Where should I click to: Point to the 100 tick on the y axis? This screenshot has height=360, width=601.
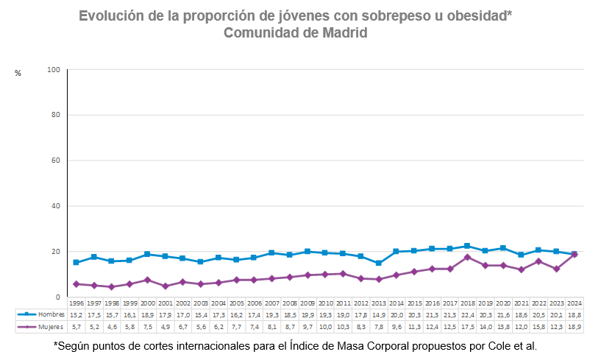(x=53, y=70)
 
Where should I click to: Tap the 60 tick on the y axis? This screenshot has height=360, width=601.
(x=55, y=160)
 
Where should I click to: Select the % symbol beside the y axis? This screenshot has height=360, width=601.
(x=18, y=73)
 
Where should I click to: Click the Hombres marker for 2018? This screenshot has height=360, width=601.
(x=467, y=246)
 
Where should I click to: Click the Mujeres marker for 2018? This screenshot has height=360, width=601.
(x=467, y=257)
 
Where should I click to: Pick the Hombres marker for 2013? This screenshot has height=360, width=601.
(x=378, y=263)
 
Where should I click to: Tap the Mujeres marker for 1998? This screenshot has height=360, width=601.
(x=111, y=286)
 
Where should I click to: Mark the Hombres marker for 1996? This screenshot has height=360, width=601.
(x=76, y=262)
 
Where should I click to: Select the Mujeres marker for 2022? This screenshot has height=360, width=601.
(x=538, y=261)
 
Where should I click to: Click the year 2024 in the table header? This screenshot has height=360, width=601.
(x=575, y=303)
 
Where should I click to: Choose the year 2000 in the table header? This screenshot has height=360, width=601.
(x=147, y=303)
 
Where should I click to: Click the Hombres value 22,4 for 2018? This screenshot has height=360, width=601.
(x=467, y=314)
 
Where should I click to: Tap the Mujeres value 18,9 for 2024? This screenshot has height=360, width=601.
(x=575, y=325)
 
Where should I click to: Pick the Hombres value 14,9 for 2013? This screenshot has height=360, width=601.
(x=378, y=314)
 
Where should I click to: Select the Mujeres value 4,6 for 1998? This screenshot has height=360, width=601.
(x=111, y=325)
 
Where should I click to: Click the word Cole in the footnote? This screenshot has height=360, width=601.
(x=502, y=345)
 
